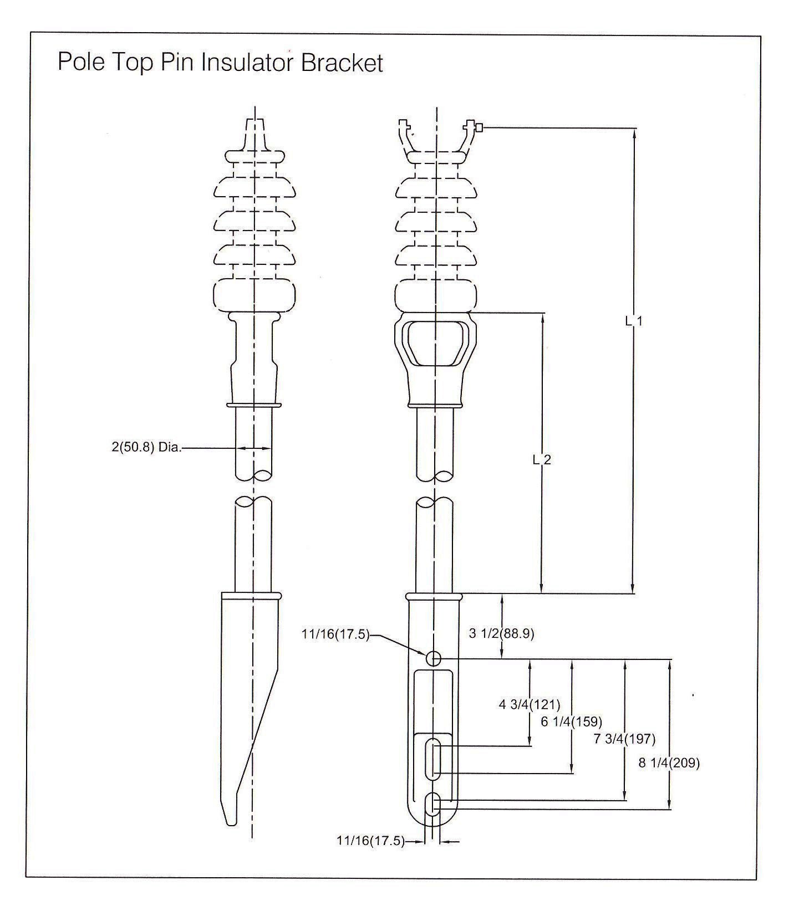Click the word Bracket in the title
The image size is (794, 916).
(342, 63)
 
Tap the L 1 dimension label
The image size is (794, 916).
(633, 321)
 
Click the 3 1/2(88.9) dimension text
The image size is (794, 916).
(501, 633)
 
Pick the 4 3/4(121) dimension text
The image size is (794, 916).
(530, 705)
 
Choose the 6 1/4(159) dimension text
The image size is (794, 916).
(571, 721)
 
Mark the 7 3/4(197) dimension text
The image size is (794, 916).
(624, 739)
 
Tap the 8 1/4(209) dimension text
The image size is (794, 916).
(669, 763)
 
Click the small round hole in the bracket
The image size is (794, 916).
(433, 658)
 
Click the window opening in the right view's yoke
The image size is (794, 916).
(436, 342)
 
